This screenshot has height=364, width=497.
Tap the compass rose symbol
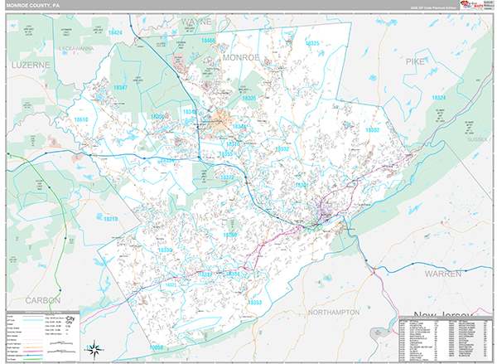[95, 347]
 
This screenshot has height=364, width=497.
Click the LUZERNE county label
[31, 64]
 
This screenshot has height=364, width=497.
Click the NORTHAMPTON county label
[331, 312]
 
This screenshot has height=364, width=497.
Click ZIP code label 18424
[113, 32]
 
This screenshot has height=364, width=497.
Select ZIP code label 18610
[81, 120]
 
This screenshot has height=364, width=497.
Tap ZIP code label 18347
[121, 86]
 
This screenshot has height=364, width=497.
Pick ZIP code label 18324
[438, 98]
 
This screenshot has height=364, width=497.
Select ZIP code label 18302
[372, 130]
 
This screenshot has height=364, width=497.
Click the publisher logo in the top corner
[476, 7]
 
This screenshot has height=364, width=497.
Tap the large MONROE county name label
[241, 57]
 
